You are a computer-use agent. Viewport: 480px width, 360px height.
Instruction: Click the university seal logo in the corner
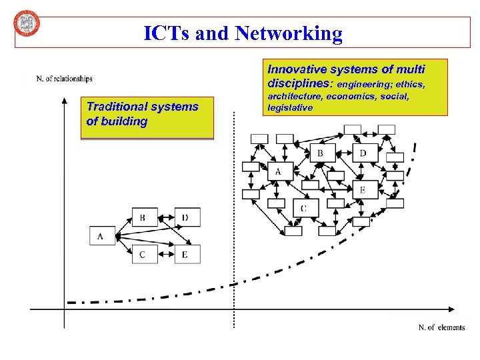(27, 25)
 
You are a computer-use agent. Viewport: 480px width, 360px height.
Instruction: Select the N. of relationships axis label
(64, 79)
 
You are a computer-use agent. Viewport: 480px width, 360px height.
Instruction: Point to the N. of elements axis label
(441, 327)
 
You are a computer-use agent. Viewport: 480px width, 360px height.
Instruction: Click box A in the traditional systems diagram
(101, 236)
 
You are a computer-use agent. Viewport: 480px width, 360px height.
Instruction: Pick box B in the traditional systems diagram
(143, 217)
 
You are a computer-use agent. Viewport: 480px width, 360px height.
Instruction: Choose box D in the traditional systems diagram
(187, 217)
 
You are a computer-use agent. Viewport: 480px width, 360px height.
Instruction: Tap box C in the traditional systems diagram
(143, 254)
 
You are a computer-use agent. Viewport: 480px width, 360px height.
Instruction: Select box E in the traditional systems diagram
(187, 254)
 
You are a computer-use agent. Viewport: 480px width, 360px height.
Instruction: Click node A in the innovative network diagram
(278, 172)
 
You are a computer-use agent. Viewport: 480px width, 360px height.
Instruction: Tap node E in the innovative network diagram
(363, 190)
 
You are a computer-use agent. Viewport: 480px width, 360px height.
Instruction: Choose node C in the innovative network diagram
(303, 208)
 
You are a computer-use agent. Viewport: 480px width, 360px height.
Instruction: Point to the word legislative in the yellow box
(290, 107)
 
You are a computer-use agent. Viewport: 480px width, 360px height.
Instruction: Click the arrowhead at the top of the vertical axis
(64, 102)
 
